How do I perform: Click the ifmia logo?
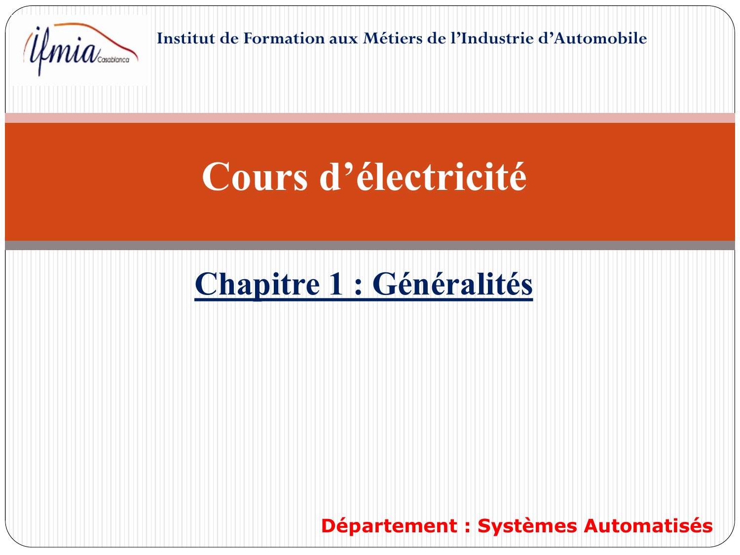(x=80, y=49)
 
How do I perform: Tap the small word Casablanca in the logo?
(x=113, y=60)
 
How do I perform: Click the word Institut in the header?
(x=186, y=38)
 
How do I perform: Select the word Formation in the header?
(x=284, y=38)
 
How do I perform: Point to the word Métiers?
(x=392, y=38)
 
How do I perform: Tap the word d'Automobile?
(x=592, y=38)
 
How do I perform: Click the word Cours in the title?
(x=255, y=177)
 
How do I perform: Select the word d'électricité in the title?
(x=423, y=176)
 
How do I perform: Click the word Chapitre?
(x=257, y=285)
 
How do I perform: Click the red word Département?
(x=389, y=526)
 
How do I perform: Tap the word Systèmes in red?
(x=527, y=526)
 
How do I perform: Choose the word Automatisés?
(x=648, y=526)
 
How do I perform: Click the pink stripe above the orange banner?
(x=370, y=118)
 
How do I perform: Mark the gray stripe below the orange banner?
(x=370, y=245)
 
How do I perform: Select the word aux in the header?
(x=343, y=39)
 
